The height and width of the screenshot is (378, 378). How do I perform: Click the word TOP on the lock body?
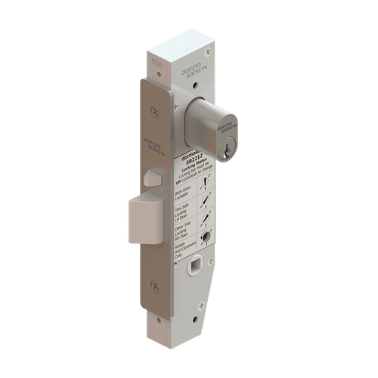(156, 55)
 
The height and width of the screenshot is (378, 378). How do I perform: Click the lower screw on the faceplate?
(155, 285)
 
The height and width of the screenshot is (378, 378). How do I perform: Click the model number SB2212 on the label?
(194, 161)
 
